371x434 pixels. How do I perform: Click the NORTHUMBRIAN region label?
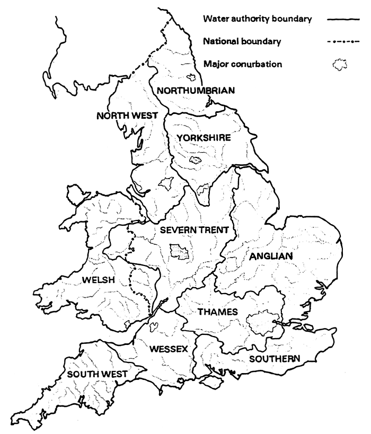tap(196, 91)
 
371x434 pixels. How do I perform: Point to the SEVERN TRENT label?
tap(194, 230)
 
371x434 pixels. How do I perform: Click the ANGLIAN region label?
tap(271, 256)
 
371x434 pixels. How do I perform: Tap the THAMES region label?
tap(217, 312)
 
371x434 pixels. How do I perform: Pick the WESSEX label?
tap(169, 349)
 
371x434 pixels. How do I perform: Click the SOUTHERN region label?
tap(275, 359)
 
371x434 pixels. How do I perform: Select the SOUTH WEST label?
tap(97, 374)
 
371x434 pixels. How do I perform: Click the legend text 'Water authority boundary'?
tap(257, 19)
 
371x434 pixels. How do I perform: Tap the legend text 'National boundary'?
tap(242, 41)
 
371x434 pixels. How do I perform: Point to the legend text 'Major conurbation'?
tap(242, 64)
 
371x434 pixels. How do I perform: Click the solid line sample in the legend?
tap(340, 20)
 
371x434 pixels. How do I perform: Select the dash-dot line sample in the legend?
tap(340, 41)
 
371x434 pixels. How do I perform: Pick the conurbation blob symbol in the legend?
tap(339, 65)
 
